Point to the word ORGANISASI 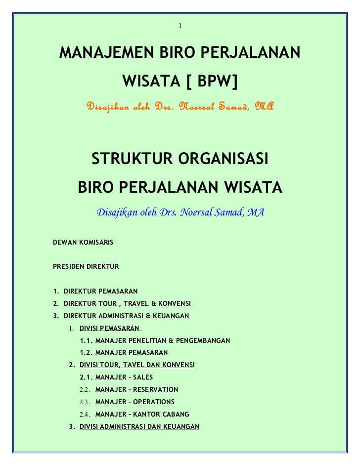[225, 160]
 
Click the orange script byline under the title [180, 106]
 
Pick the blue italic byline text [180, 213]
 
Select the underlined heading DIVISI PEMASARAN [110, 328]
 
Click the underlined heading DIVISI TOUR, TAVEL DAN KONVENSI [137, 365]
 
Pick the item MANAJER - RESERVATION [136, 390]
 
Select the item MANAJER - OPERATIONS [135, 402]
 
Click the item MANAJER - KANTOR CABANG [142, 415]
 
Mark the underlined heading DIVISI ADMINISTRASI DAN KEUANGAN [139, 426]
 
